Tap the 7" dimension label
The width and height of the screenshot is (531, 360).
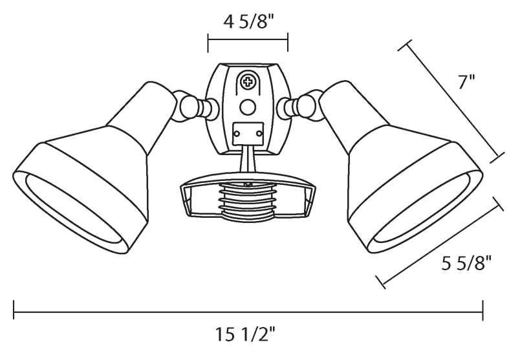(x=466, y=82)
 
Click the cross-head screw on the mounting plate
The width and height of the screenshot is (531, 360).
(x=248, y=82)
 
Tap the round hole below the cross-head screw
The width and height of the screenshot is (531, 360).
(x=247, y=107)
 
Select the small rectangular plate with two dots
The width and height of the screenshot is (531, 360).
(x=248, y=134)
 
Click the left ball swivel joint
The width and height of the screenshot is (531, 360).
(x=190, y=107)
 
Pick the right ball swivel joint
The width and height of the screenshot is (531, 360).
(x=305, y=106)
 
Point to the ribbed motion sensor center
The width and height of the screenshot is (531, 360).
(x=248, y=201)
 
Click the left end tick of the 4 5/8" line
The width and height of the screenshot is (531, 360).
(x=208, y=44)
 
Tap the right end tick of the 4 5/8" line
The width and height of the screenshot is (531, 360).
(x=287, y=44)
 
